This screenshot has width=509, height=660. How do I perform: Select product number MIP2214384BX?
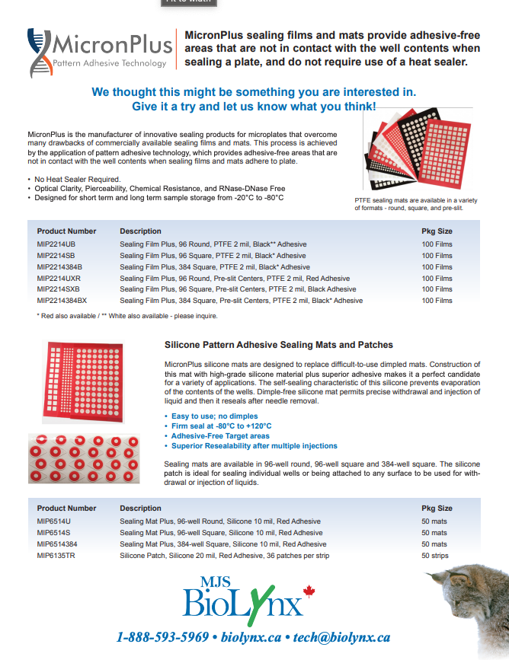click(x=62, y=301)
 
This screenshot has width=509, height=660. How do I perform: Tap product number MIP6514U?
click(x=54, y=521)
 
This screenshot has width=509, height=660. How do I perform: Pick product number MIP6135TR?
click(x=56, y=556)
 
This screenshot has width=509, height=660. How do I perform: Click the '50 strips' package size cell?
click(x=435, y=556)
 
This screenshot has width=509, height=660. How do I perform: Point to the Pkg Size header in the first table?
click(x=437, y=231)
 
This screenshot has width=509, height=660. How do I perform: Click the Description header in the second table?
click(x=140, y=508)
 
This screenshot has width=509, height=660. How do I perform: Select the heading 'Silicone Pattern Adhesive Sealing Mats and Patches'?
click(x=279, y=345)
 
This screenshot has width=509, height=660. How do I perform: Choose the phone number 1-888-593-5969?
click(x=163, y=637)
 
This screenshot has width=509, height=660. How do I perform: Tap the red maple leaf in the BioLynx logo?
click(x=309, y=591)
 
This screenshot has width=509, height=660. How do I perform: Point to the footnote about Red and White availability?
click(x=127, y=315)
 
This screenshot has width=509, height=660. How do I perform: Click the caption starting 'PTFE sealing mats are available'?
click(x=416, y=203)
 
